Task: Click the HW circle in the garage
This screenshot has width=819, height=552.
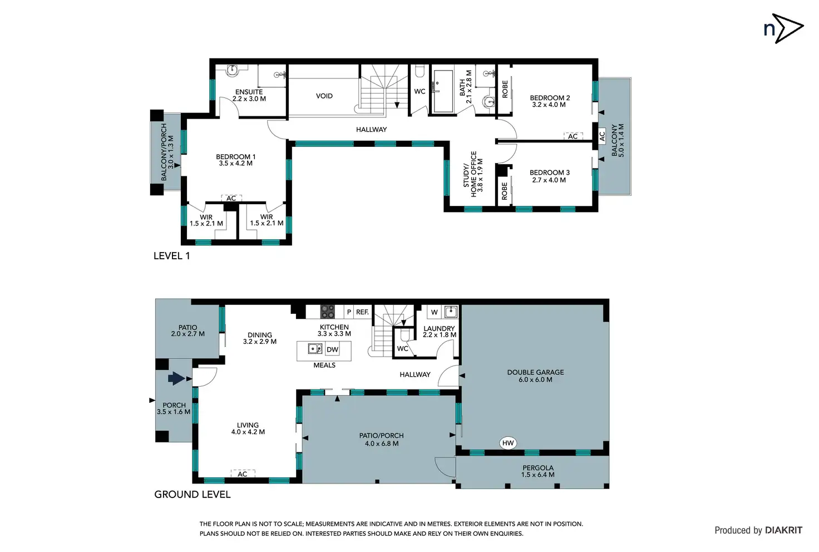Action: [x=508, y=443]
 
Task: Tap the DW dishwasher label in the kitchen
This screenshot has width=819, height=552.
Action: [x=332, y=349]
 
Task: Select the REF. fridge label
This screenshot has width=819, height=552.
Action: [x=362, y=312]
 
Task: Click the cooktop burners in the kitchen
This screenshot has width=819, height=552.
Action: [x=328, y=312]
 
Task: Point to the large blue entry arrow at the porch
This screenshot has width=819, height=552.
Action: [x=176, y=378]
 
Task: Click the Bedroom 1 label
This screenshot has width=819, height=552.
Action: [x=236, y=160]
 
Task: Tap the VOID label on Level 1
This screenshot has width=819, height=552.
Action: [x=324, y=96]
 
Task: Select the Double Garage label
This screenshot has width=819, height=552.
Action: [x=535, y=376]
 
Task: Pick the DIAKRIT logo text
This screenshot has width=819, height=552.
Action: [x=783, y=530]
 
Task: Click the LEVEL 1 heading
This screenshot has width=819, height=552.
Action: [x=172, y=256]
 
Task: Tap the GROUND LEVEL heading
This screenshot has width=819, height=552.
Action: [x=193, y=495]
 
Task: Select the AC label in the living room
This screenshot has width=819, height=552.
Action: [x=243, y=474]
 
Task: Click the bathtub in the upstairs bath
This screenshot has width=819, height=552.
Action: [x=443, y=91]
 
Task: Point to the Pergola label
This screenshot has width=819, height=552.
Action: [x=538, y=471]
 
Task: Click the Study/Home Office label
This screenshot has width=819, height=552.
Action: [x=473, y=174]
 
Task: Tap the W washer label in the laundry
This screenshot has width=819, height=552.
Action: [x=435, y=312]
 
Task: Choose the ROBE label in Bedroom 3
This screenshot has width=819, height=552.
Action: [x=505, y=191]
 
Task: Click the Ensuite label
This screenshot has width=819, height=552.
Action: [x=249, y=95]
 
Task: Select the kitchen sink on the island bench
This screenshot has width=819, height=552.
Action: [x=315, y=349]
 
